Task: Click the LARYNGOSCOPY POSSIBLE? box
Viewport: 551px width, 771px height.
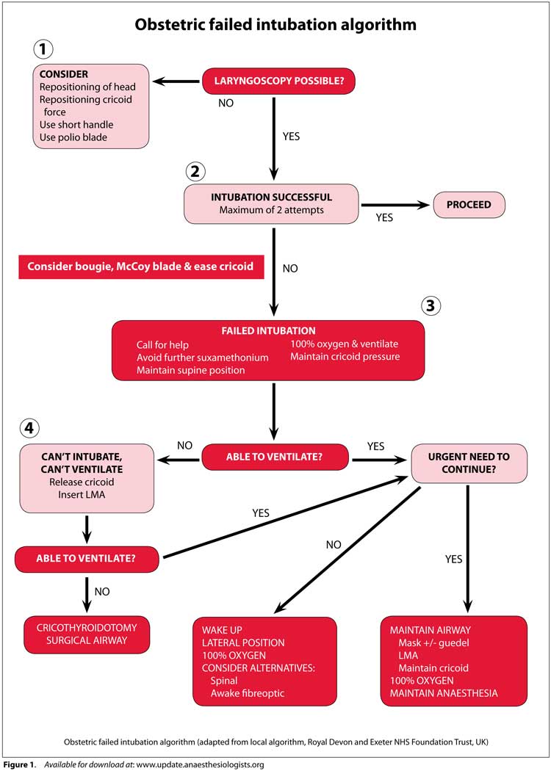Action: point(278,81)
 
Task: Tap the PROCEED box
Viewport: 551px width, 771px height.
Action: point(469,205)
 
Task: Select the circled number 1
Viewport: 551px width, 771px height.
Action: point(43,49)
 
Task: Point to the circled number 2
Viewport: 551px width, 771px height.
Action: point(195,172)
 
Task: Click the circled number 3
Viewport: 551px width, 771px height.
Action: point(431,306)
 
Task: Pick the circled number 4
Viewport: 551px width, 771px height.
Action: point(29,428)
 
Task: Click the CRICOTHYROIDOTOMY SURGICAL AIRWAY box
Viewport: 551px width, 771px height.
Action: point(87,634)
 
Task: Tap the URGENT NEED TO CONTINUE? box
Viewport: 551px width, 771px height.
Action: point(469,463)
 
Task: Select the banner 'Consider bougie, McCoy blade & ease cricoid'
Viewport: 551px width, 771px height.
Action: point(141,267)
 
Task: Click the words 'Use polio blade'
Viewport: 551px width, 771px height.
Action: point(73,137)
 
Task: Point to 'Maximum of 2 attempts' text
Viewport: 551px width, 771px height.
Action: point(272,210)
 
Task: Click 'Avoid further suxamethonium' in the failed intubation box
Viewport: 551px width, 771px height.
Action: point(203,358)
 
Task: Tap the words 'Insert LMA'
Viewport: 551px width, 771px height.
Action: point(82,495)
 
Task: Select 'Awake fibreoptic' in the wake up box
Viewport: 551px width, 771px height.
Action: point(248,693)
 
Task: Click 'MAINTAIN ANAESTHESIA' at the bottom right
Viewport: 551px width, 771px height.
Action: point(444,693)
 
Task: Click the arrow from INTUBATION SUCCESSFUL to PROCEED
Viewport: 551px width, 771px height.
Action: point(395,205)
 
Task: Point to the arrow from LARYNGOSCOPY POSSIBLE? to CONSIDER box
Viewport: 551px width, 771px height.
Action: point(176,81)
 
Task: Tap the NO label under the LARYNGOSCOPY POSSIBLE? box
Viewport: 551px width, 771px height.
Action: point(226,104)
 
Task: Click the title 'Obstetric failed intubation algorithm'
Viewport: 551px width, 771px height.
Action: point(275,24)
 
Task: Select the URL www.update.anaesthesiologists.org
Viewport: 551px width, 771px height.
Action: point(201,764)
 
